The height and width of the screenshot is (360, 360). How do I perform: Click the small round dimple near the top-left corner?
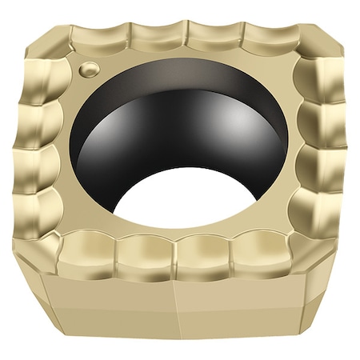[x=88, y=69]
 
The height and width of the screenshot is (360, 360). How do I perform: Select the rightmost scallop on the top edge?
[x=268, y=37]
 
